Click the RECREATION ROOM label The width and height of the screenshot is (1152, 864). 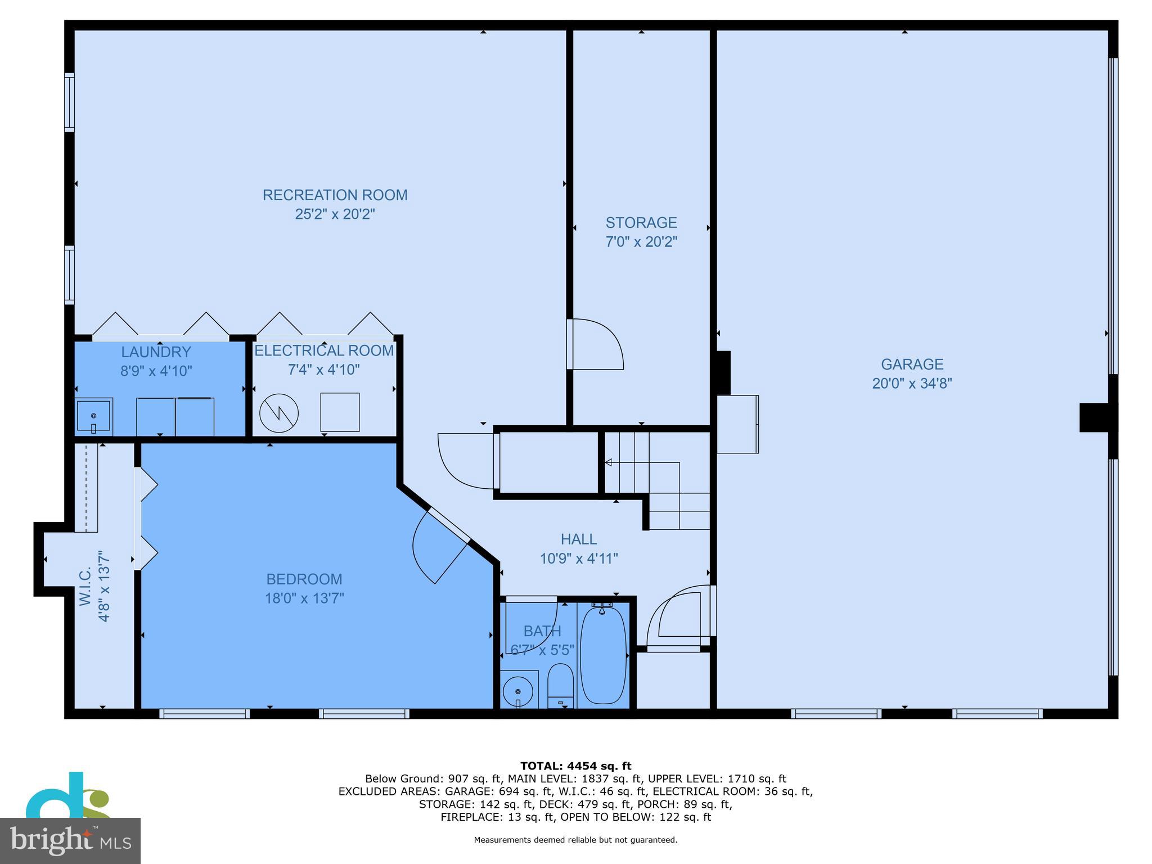click(335, 195)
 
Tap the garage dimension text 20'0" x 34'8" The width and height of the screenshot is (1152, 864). click(912, 384)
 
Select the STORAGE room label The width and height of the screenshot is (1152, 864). click(641, 222)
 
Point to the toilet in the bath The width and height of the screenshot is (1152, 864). click(560, 686)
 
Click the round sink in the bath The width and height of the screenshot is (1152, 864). click(517, 691)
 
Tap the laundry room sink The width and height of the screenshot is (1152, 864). click(93, 416)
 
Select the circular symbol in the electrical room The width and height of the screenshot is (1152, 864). click(279, 413)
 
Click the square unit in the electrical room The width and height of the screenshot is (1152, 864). click(340, 412)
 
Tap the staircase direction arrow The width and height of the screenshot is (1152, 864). click(609, 462)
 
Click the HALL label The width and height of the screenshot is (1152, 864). click(578, 539)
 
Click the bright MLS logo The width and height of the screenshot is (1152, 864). click(70, 840)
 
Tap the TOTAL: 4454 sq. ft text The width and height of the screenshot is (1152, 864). click(575, 766)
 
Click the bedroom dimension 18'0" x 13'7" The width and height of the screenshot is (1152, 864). click(304, 598)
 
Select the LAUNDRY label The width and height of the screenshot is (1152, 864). click(156, 352)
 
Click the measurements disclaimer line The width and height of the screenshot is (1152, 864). click(575, 840)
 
